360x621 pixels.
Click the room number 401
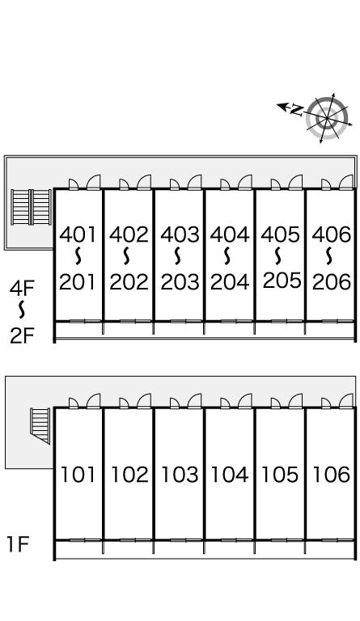78,234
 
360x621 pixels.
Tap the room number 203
180,282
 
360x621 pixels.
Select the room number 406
332,234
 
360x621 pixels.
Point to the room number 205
282,281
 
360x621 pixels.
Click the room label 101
78,475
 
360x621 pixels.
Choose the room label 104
230,475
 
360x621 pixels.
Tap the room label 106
332,475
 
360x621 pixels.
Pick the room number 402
129,234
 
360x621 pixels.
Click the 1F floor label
19,544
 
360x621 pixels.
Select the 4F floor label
22,288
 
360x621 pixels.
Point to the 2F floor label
22,336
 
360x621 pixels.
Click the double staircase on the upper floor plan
31,207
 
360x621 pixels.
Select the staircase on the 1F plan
40,425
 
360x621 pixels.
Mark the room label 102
129,475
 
